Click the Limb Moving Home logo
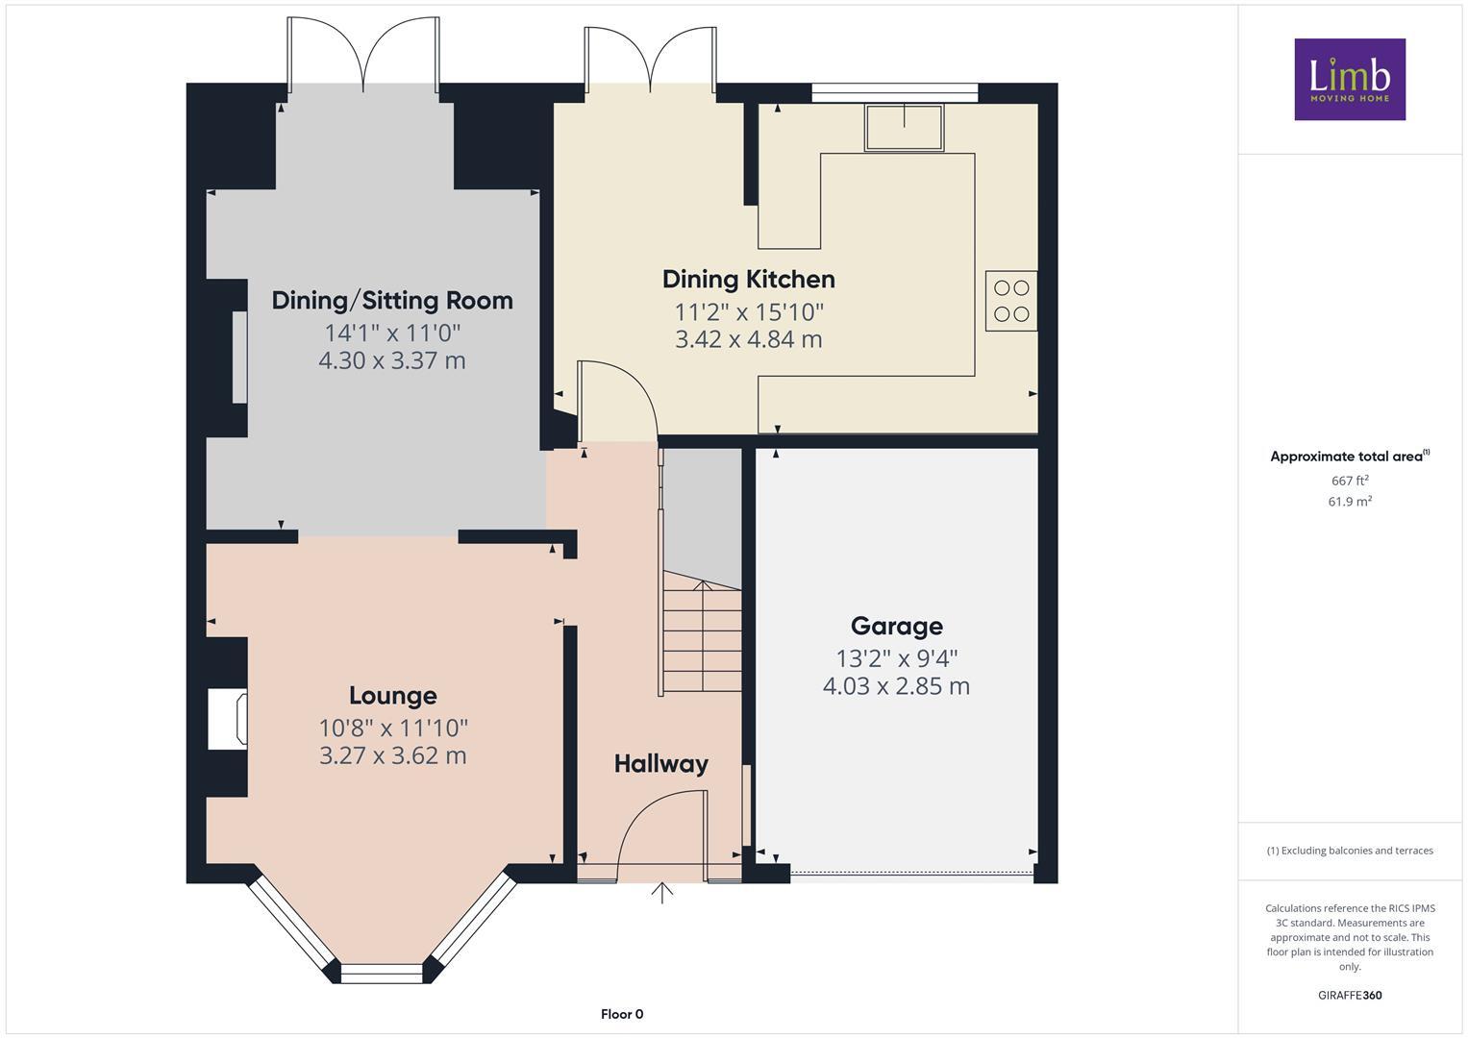tap(1349, 79)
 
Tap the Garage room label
tap(896, 627)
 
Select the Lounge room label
tap(392, 696)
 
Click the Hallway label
tap(660, 764)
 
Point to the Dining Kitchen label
tap(748, 280)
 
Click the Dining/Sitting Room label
tap(392, 301)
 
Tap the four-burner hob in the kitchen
tap(1010, 301)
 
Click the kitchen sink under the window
tap(904, 128)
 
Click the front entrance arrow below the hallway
tap(661, 893)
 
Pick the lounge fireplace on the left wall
tap(229, 719)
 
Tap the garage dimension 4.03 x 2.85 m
tap(896, 686)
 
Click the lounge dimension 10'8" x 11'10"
tap(392, 729)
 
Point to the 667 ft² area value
tap(1349, 481)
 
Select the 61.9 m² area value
tap(1349, 502)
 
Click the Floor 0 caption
tap(621, 1014)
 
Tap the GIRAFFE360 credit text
tap(1349, 996)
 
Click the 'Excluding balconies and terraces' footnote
tap(1349, 851)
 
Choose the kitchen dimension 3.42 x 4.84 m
tap(748, 339)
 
